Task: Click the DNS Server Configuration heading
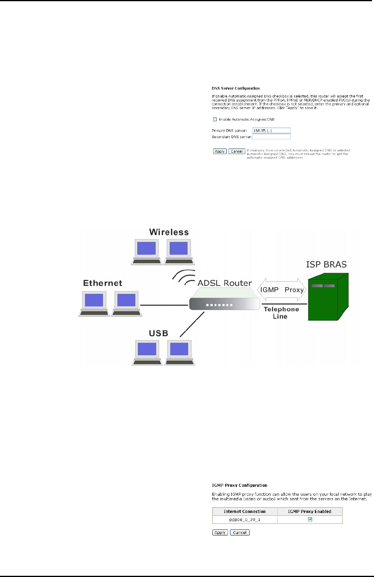click(x=236, y=88)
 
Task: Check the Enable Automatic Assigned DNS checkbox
click(x=215, y=119)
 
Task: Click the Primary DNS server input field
click(x=271, y=130)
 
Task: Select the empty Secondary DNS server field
click(x=271, y=137)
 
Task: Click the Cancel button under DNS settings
click(x=236, y=151)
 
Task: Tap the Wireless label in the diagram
click(x=169, y=232)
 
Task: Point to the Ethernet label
click(x=103, y=283)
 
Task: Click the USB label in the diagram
click(x=158, y=333)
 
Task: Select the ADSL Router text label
click(x=224, y=283)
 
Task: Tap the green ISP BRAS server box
click(x=327, y=298)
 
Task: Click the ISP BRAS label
click(x=326, y=265)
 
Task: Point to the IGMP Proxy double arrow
click(x=282, y=290)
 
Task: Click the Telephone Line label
click(x=281, y=313)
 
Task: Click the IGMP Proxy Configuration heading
click(x=239, y=485)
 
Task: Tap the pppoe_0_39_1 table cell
click(x=245, y=519)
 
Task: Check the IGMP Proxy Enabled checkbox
click(x=310, y=519)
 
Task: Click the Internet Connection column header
click(x=245, y=511)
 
